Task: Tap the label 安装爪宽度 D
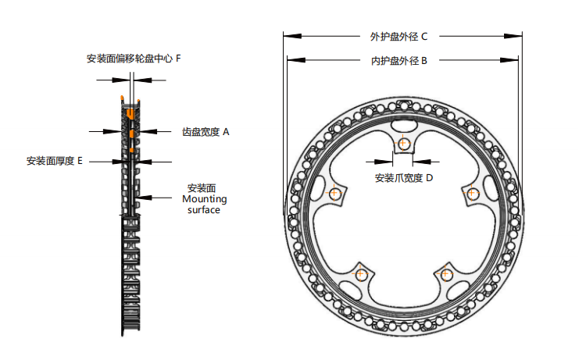click(403, 178)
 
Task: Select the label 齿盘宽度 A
click(206, 132)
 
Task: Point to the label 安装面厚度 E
click(55, 161)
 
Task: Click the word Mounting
click(204, 199)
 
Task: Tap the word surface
click(204, 210)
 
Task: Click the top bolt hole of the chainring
click(403, 143)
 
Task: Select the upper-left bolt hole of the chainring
click(334, 193)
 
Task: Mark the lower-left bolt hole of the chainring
click(361, 274)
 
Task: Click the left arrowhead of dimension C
click(287, 36)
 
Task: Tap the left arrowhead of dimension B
click(291, 61)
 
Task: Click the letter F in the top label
click(179, 59)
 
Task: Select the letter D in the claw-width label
click(429, 178)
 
